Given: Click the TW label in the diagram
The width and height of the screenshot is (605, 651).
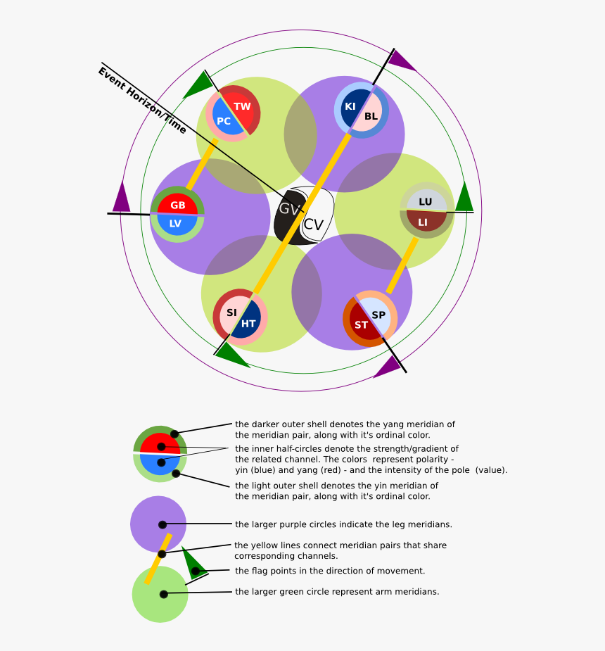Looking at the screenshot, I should [x=242, y=107].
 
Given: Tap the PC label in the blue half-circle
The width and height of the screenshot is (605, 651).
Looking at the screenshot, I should [x=224, y=121].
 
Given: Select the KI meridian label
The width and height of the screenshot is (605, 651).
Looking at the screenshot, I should [x=350, y=106].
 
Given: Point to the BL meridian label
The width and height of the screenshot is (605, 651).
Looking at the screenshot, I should [x=371, y=116].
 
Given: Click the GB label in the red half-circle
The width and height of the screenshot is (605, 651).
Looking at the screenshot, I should [x=178, y=206].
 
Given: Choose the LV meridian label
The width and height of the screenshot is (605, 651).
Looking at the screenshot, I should [x=175, y=224].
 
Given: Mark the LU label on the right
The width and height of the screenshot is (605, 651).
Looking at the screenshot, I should [x=426, y=202].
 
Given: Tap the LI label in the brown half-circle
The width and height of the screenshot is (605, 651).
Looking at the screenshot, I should [x=423, y=222].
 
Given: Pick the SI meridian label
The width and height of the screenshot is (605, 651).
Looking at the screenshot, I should [x=231, y=312].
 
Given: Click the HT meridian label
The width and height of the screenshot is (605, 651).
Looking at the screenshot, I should [x=248, y=324].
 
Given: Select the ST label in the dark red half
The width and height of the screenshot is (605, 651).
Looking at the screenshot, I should [x=361, y=325].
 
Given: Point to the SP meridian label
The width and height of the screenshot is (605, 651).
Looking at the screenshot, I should [x=378, y=315].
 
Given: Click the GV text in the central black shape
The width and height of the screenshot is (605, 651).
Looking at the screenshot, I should [x=289, y=209].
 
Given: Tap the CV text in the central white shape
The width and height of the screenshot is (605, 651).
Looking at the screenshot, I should [x=313, y=225].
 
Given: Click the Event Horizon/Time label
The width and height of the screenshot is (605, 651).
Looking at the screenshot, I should [x=142, y=100].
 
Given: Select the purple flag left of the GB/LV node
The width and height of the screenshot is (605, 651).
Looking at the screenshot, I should [x=122, y=198].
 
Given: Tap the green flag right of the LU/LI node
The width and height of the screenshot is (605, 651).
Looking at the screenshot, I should [x=464, y=198].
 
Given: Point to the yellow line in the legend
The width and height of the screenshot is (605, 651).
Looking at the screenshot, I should [x=158, y=559].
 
